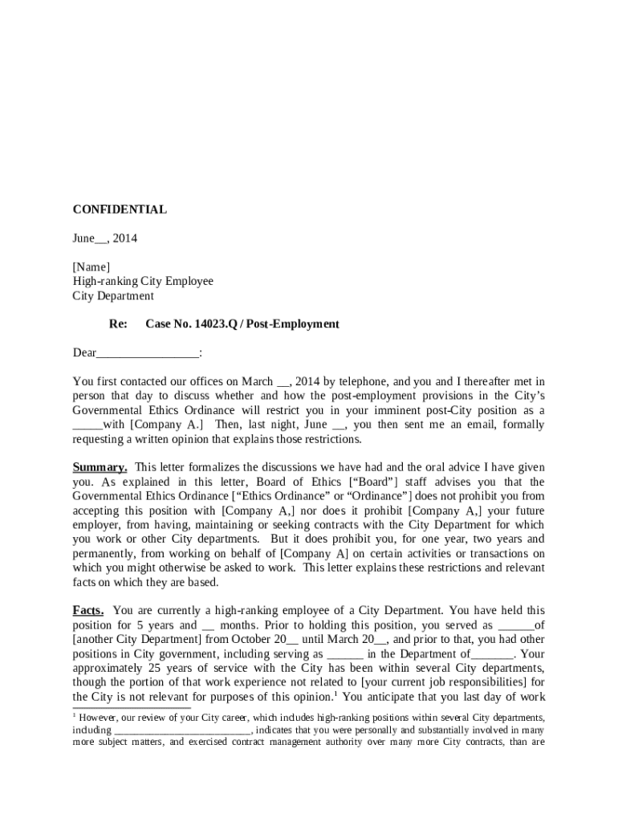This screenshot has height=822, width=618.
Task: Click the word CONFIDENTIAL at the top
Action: tap(120, 210)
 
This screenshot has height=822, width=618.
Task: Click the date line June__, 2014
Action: tap(105, 238)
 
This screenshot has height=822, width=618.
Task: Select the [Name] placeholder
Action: tap(91, 267)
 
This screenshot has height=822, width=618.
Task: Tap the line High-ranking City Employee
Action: tap(143, 282)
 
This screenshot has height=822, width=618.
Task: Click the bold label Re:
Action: tap(118, 324)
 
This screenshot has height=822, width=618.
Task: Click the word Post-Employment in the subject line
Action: tap(293, 324)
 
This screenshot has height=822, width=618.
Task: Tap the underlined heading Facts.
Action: tap(88, 611)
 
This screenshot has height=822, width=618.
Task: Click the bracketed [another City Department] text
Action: tap(136, 640)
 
